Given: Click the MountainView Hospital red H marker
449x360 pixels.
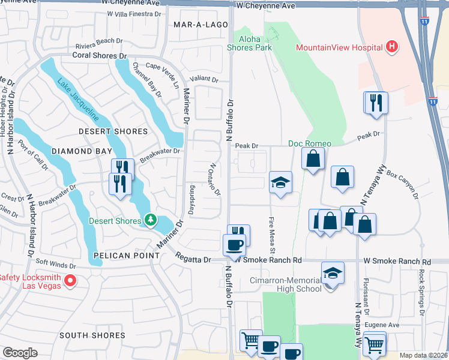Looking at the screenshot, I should [x=392, y=47].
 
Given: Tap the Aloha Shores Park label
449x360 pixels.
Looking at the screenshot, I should [x=250, y=43].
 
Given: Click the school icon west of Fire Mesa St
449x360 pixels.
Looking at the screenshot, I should [x=280, y=183].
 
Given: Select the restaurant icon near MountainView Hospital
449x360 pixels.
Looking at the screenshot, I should [x=376, y=102].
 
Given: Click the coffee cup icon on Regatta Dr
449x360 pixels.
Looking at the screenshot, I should [x=234, y=245].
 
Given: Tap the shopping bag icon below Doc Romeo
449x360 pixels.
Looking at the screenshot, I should [x=313, y=158].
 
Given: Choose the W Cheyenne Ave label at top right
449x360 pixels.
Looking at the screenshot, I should [x=266, y=5].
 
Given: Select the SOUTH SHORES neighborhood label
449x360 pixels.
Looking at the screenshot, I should [x=92, y=335].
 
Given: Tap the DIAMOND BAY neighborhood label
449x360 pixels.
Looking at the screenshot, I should [x=83, y=151].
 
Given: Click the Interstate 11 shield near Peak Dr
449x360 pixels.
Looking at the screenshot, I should [x=433, y=101].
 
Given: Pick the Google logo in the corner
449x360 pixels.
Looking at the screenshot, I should [x=20, y=353].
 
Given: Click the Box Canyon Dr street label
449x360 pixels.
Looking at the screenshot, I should [x=402, y=186].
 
